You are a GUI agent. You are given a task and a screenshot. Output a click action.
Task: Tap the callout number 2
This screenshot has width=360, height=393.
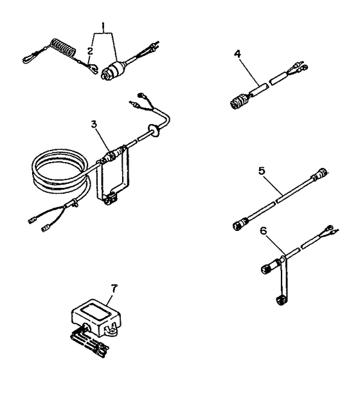pyautogui.click(x=90, y=49)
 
